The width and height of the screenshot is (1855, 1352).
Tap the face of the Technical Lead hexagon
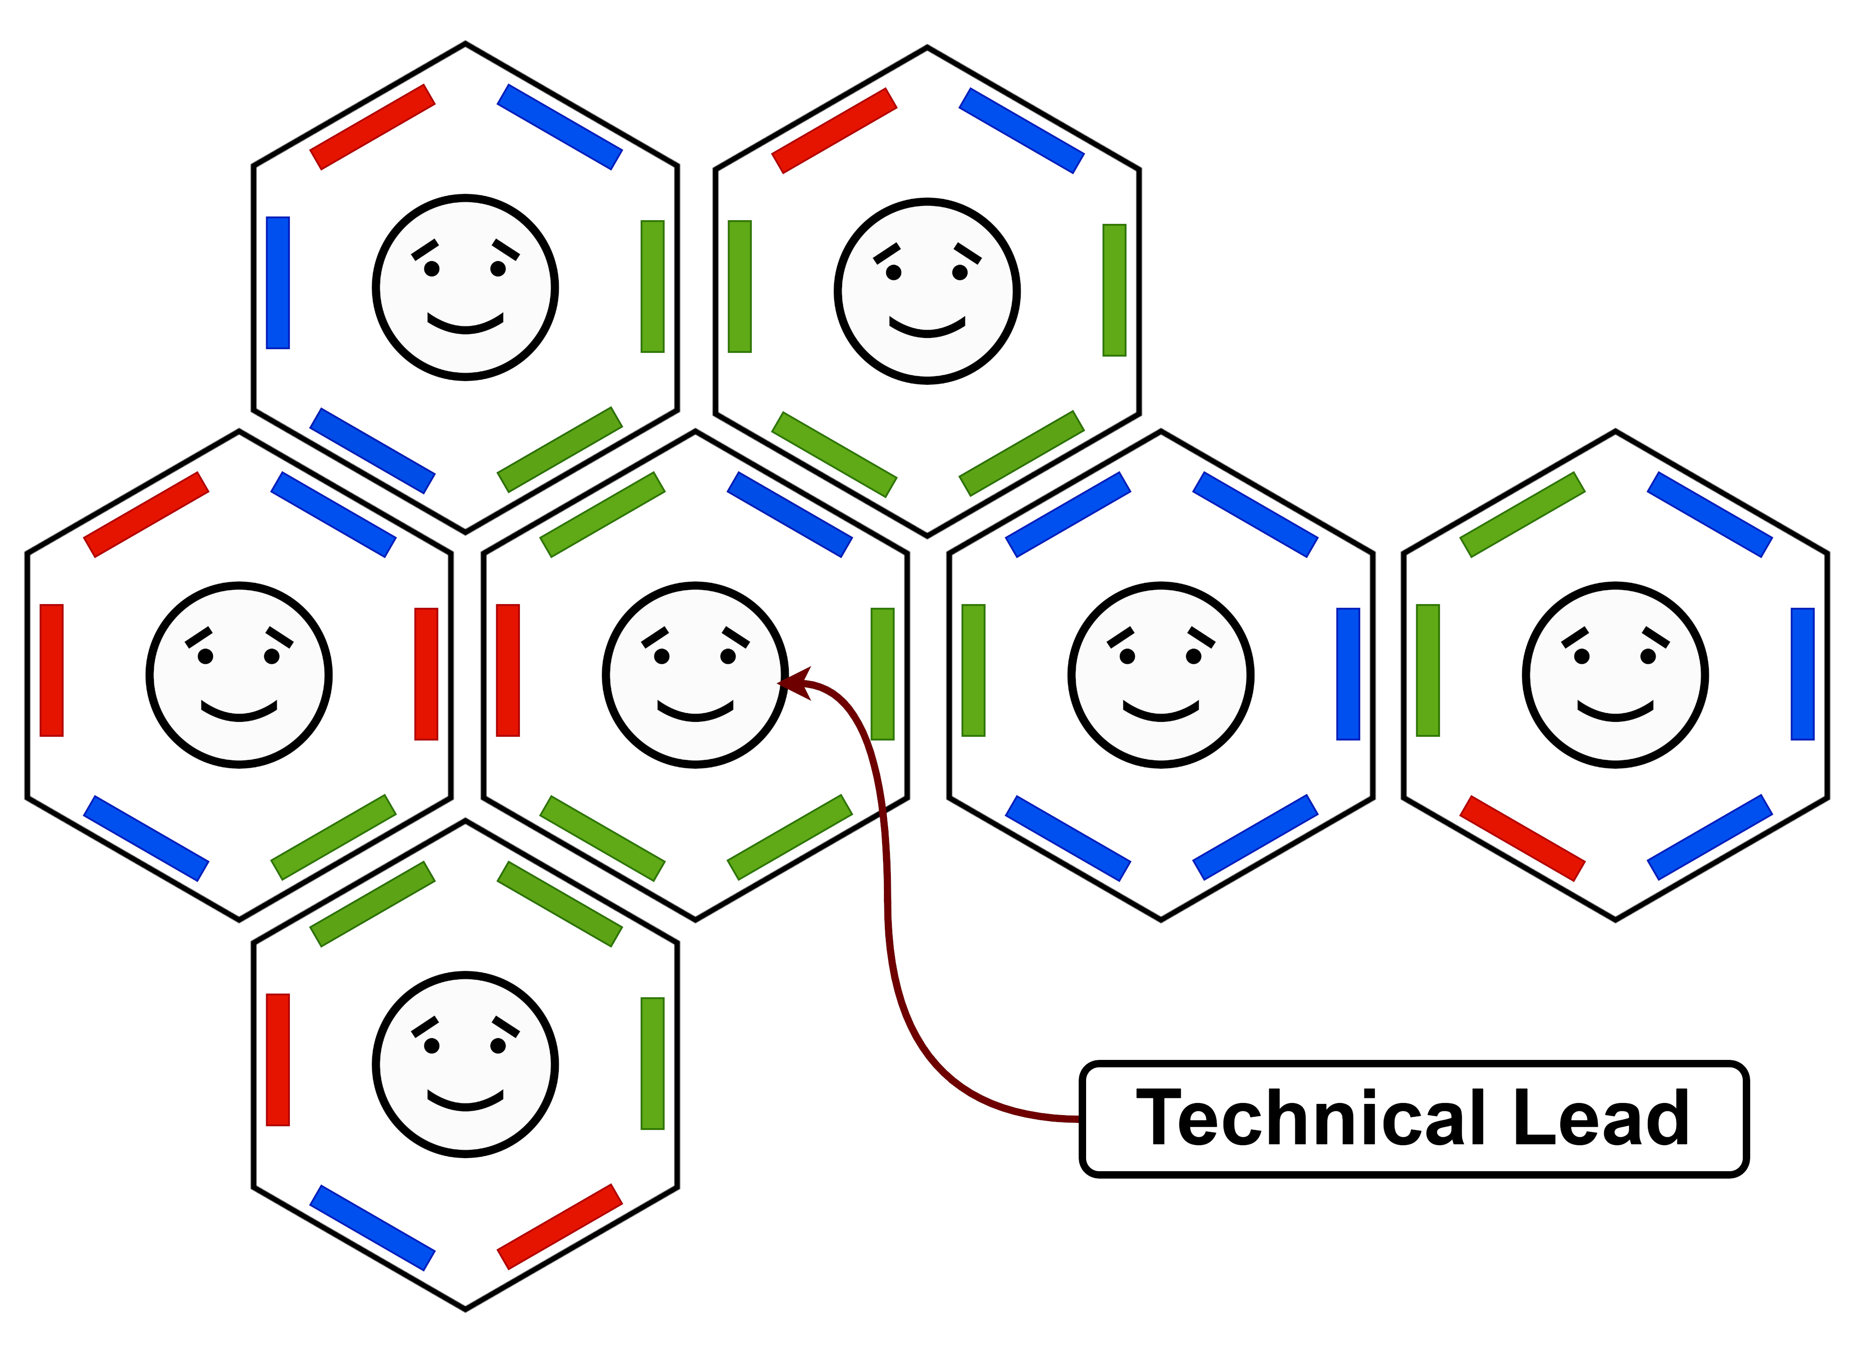tap(695, 675)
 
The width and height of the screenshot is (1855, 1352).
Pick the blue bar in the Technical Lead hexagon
tap(789, 515)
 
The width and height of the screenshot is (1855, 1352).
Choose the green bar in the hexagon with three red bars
tap(333, 837)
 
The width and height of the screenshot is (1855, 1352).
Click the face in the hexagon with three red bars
tap(239, 675)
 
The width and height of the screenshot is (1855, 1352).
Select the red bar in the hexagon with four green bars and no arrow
tap(834, 131)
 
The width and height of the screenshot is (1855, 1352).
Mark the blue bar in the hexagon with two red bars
tap(371, 1228)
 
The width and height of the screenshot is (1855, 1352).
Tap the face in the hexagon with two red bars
tap(465, 1065)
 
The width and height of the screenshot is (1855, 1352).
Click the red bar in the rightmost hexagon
tap(1522, 838)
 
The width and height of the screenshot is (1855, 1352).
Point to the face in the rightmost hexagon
tap(1615, 675)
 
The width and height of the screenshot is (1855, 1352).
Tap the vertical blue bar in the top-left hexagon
tap(277, 282)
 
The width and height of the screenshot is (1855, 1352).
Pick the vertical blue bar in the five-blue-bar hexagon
tap(1348, 674)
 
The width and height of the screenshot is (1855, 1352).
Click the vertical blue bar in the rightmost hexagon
tap(1803, 674)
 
